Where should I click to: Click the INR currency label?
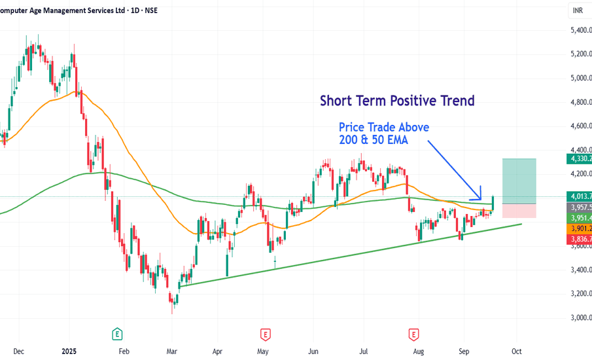click(578, 11)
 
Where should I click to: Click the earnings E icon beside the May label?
click(265, 334)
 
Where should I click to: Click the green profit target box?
click(519, 181)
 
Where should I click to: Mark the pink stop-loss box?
click(519, 211)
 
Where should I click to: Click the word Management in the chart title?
click(69, 10)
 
